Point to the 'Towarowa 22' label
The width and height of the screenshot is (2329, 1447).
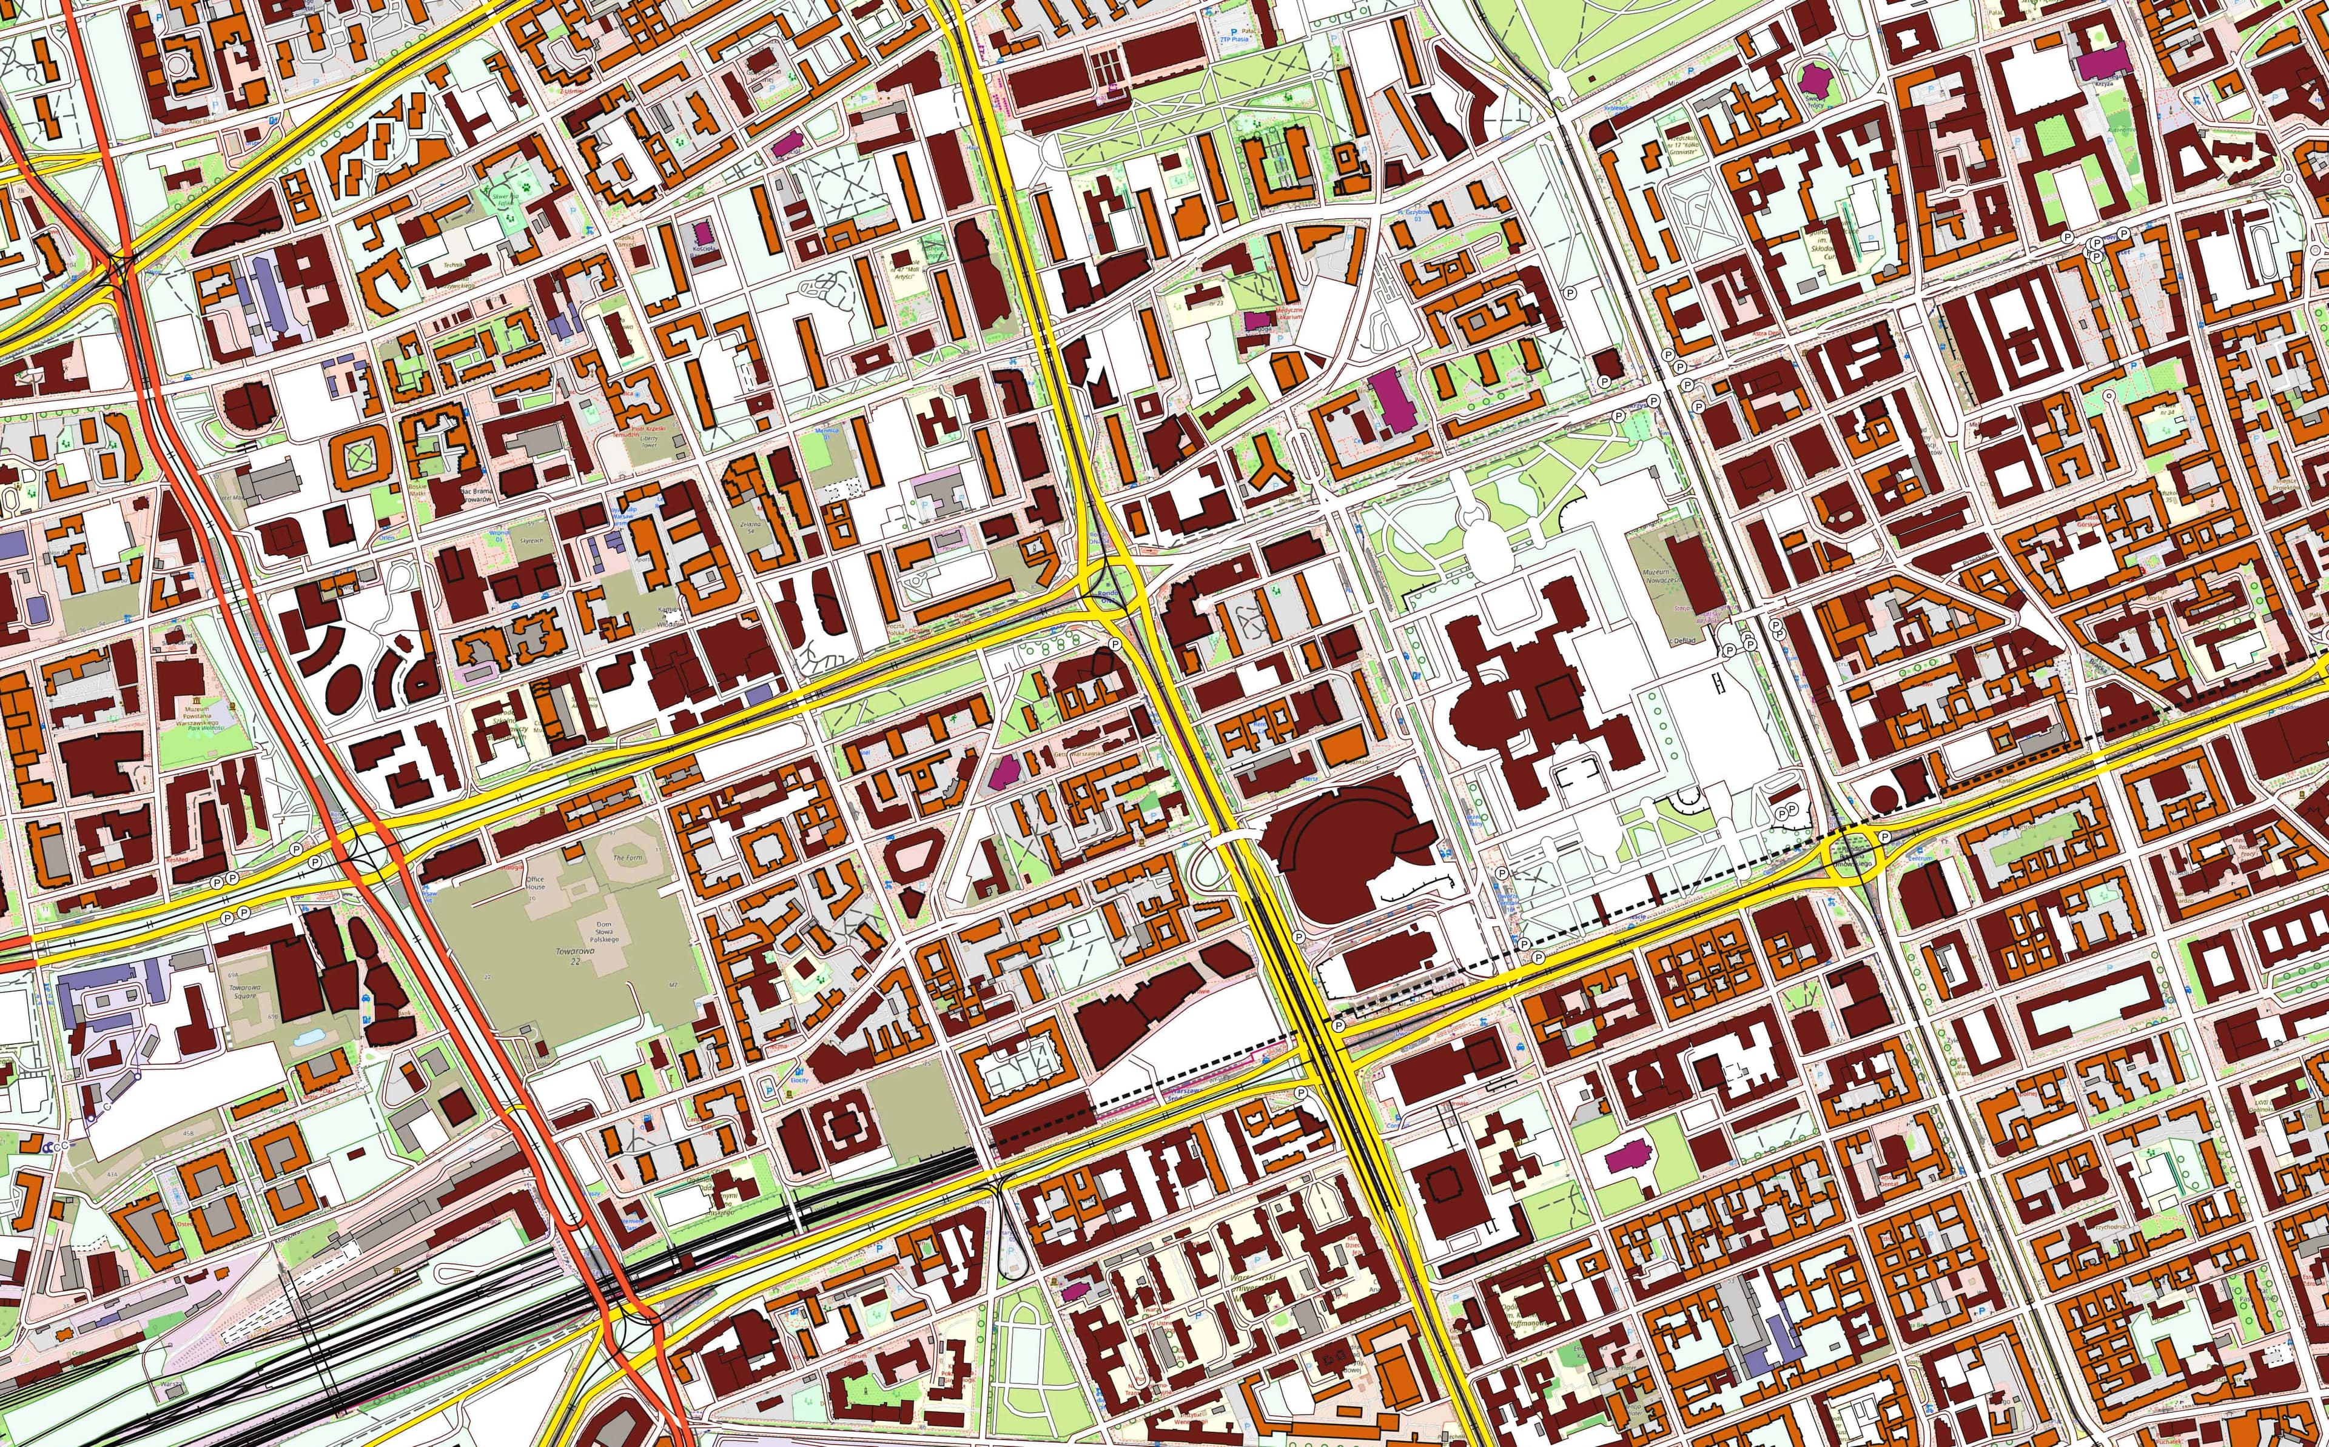coord(589,957)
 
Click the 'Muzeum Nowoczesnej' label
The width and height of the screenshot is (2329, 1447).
coord(1664,577)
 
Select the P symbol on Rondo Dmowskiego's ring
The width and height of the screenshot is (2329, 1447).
coord(1884,837)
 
